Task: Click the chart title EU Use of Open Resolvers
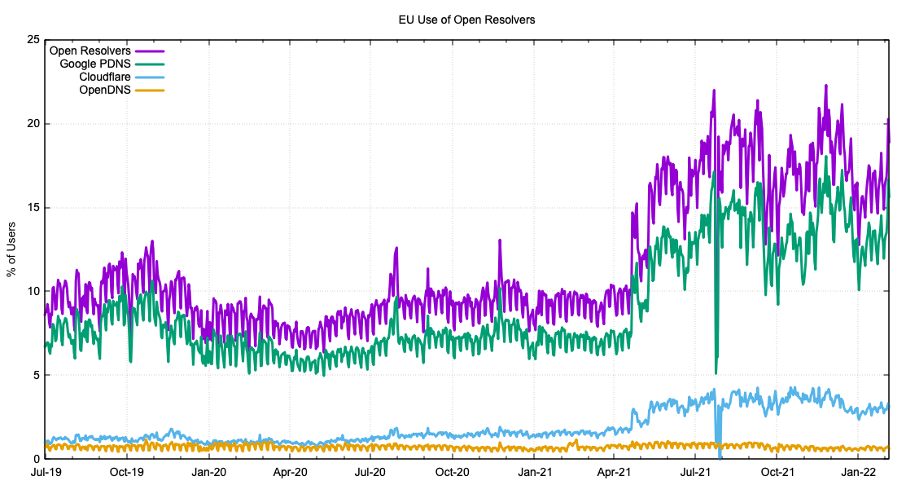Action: point(466,19)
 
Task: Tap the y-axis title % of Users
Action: point(11,249)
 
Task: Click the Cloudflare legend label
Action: point(105,77)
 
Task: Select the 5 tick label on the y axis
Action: point(34,375)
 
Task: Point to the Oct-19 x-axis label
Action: point(127,472)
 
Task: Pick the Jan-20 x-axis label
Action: point(209,472)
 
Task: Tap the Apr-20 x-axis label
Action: point(290,472)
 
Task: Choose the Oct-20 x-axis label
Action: point(453,472)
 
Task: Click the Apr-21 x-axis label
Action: point(615,472)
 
